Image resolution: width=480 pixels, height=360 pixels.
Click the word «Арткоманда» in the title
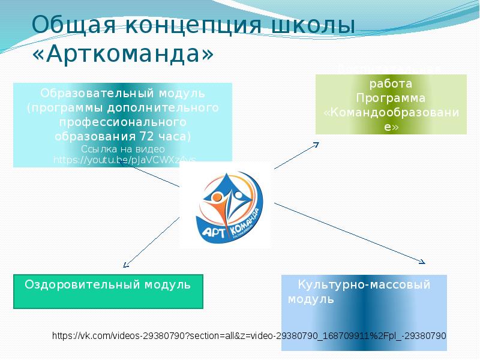click(x=122, y=54)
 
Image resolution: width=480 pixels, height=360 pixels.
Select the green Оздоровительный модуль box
click(x=108, y=292)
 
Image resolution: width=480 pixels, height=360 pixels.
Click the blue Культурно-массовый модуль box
click(x=364, y=312)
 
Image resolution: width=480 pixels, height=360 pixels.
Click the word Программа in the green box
click(x=391, y=98)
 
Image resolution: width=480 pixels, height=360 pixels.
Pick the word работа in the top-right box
click(x=391, y=85)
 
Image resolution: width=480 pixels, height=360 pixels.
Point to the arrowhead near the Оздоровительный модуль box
click(x=125, y=263)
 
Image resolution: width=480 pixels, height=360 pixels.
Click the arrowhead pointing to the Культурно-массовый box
click(x=422, y=262)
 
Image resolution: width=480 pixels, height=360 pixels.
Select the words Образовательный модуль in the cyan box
click(x=122, y=94)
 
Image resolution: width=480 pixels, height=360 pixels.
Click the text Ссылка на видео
click(x=122, y=148)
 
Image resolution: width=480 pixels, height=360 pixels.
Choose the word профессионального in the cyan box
click(x=122, y=122)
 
